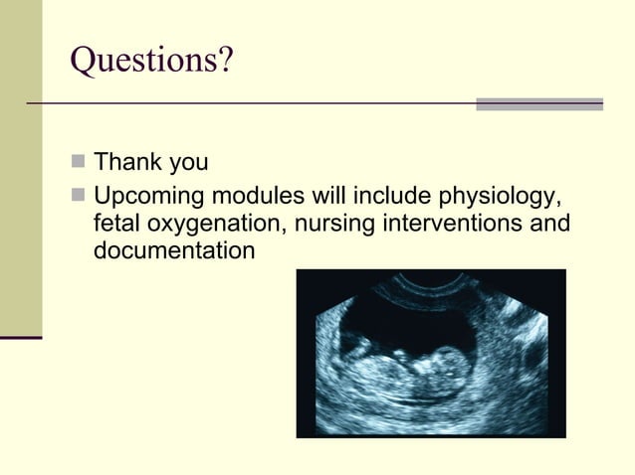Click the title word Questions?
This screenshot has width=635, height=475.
point(152,62)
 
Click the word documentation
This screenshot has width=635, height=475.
point(174,252)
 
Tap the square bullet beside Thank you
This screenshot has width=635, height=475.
point(79,162)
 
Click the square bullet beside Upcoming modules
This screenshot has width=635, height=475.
point(79,193)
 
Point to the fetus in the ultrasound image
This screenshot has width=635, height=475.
point(418,368)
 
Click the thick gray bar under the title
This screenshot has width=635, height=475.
point(539,104)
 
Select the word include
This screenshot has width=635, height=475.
point(383,194)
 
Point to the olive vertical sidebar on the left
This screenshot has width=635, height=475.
point(21,169)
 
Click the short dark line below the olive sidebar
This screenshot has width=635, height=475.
point(21,338)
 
